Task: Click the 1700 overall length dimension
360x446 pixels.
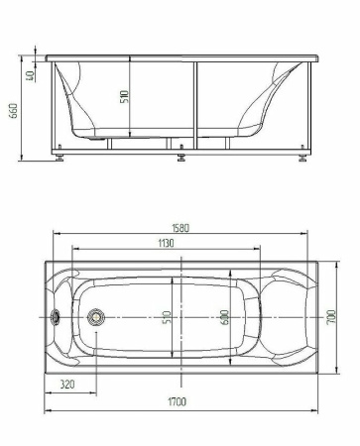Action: pyautogui.click(x=178, y=401)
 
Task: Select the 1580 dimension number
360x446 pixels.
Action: pyautogui.click(x=180, y=228)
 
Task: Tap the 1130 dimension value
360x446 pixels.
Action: pyautogui.click(x=166, y=244)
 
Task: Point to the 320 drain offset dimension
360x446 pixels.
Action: pyautogui.click(x=67, y=385)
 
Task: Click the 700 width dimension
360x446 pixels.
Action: pyautogui.click(x=331, y=317)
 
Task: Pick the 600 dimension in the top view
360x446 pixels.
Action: pyautogui.click(x=225, y=317)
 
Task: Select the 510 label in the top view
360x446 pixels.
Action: pyautogui.click(x=168, y=317)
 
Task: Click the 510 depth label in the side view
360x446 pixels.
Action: pyautogui.click(x=124, y=96)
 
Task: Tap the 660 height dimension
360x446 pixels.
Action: pyautogui.click(x=14, y=111)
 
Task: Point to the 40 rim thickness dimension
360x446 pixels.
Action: pyautogui.click(x=30, y=76)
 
